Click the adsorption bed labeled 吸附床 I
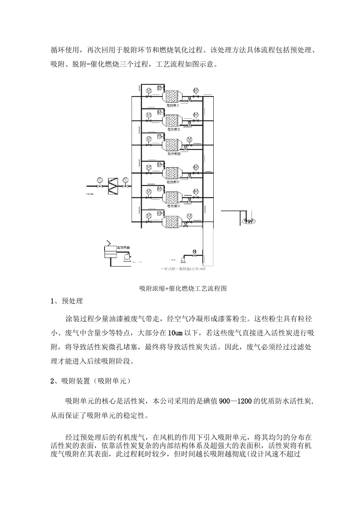(x=175, y=95)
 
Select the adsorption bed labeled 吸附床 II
(x=175, y=121)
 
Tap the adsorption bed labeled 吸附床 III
(x=175, y=146)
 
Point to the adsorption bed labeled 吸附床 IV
(x=175, y=173)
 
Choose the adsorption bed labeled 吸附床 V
(x=175, y=198)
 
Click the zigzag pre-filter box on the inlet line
(x=113, y=186)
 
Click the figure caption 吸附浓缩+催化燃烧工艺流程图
(x=183, y=289)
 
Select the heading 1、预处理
(x=67, y=301)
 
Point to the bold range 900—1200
(x=235, y=401)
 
